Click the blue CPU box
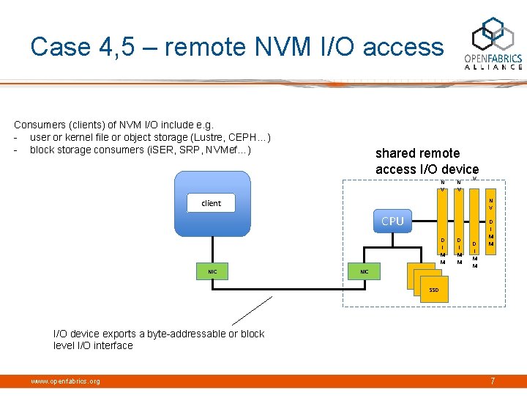coord(393,221)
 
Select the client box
coord(211,203)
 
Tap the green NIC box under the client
coord(212,271)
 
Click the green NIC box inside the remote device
coord(364,272)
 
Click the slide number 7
coord(493,380)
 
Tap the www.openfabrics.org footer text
coord(65,381)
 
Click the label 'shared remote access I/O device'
coord(427,161)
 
